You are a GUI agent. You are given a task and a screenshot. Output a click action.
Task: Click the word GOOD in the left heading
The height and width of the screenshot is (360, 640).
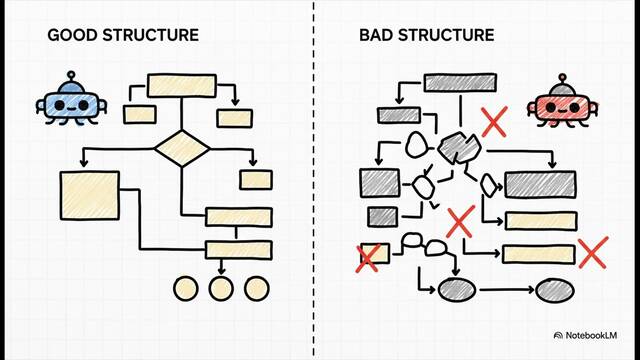73,35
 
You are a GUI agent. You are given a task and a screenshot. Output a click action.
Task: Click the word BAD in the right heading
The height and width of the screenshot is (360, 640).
376,35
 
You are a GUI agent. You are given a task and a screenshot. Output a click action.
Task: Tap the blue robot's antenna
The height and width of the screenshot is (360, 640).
71,77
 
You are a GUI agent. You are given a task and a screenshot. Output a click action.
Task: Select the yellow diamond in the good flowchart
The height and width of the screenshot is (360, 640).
182,148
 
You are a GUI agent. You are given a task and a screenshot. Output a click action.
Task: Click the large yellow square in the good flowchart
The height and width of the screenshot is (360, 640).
90,196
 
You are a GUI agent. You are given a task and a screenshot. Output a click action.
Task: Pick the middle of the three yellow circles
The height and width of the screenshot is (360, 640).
221,289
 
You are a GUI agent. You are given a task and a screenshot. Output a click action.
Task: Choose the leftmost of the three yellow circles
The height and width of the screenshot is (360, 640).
186,289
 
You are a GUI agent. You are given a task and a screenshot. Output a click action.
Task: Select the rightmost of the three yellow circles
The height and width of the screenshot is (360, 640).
257,289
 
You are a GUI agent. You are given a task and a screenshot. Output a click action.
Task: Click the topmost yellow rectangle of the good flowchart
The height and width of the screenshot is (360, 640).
182,86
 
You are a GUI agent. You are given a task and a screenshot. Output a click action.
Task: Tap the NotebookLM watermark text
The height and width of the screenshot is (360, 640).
591,336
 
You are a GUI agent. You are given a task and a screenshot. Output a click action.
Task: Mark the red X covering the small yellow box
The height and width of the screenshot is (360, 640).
368,258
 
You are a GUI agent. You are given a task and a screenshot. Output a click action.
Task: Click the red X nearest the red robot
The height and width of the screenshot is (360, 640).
495,122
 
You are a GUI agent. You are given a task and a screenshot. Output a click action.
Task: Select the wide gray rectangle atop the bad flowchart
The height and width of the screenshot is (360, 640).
460,83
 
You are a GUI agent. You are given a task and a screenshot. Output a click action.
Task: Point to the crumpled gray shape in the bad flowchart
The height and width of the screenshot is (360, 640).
459,148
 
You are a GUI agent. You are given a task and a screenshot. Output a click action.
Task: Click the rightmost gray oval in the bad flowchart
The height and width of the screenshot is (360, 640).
555,291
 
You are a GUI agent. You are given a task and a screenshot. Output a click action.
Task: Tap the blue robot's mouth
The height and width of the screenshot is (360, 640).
71,109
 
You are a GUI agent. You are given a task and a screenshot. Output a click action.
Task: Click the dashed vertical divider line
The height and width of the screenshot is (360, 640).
314,180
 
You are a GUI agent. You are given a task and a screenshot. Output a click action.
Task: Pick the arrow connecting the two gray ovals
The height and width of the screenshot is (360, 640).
507,290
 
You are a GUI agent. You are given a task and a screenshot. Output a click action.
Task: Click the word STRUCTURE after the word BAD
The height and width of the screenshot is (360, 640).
446,35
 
